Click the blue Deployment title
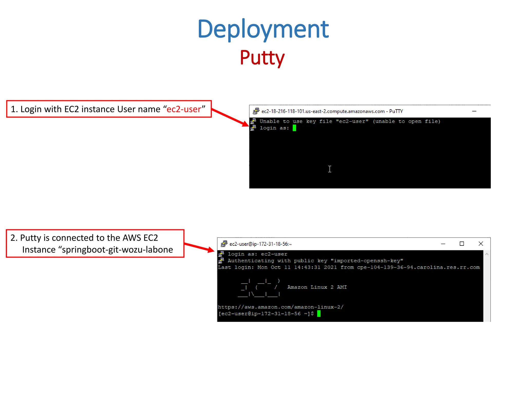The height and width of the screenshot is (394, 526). click(263, 29)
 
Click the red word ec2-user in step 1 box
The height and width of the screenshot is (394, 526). click(184, 109)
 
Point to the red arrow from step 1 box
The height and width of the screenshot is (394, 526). click(230, 117)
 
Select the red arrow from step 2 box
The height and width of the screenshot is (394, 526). click(199, 247)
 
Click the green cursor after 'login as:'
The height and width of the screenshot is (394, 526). click(294, 128)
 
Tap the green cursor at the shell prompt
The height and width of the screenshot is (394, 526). click(319, 313)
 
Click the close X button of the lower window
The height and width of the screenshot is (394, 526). click(481, 244)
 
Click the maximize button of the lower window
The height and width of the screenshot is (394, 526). click(462, 244)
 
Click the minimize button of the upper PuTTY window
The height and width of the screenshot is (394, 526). click(474, 111)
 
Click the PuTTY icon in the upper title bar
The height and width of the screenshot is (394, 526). click(256, 111)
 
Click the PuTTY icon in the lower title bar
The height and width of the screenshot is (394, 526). click(224, 244)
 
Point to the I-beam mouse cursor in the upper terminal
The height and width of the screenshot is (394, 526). click(330, 169)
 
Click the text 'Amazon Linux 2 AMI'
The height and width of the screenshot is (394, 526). click(317, 287)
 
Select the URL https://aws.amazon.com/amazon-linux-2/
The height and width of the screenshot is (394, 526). click(280, 307)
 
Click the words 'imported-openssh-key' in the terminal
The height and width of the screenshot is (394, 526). click(367, 261)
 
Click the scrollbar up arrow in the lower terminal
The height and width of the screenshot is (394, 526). click(487, 254)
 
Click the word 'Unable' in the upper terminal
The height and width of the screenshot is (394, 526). click(269, 121)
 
